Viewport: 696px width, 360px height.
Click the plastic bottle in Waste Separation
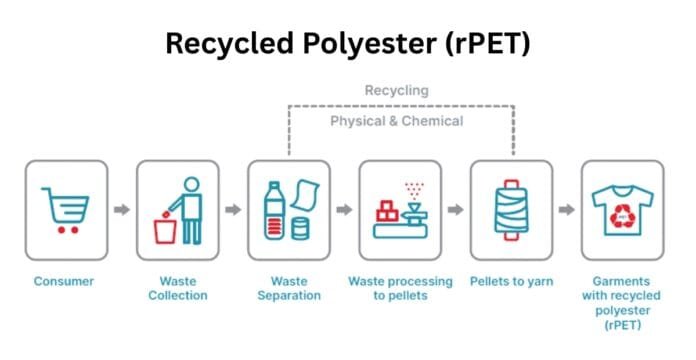click(274, 211)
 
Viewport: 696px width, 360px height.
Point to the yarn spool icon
click(511, 210)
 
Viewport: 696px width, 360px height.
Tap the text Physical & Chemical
click(397, 122)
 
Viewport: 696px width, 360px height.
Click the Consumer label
click(65, 282)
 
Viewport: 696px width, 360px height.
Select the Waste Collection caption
click(177, 289)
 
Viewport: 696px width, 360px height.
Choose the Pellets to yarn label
click(511, 282)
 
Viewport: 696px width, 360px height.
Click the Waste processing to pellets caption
click(399, 289)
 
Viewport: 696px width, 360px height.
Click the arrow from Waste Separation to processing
click(344, 210)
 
